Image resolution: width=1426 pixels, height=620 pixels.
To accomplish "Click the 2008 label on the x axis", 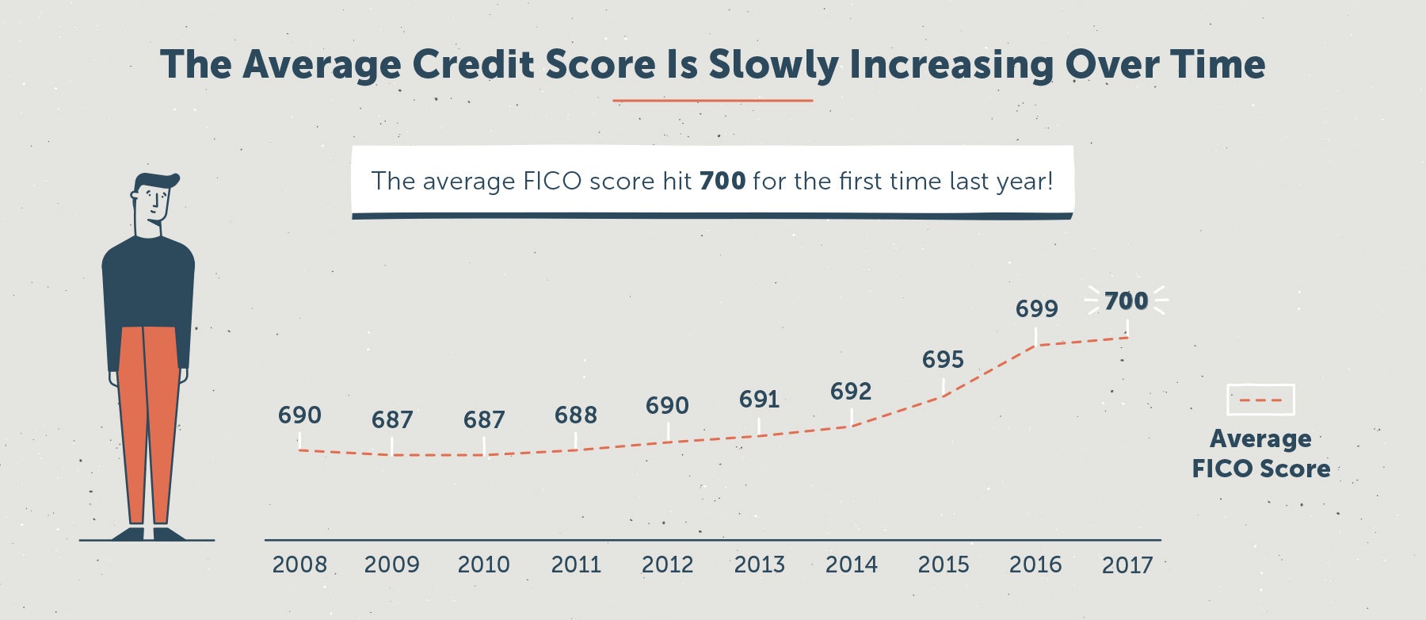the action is [x=299, y=565].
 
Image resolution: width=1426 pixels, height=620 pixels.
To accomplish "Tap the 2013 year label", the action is [x=759, y=565].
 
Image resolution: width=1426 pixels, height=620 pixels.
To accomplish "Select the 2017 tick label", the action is [x=1127, y=565].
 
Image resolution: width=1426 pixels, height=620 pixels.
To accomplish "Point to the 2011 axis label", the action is [x=576, y=565].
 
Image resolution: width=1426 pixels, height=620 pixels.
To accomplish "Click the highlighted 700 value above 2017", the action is [x=1126, y=301].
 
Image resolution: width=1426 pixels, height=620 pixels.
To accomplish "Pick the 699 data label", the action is [x=1036, y=308].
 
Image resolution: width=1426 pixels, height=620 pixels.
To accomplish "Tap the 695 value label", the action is [x=943, y=360].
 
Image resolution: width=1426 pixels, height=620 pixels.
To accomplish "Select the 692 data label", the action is [x=851, y=392].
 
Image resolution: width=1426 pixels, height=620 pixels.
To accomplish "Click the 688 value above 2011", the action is [x=576, y=415].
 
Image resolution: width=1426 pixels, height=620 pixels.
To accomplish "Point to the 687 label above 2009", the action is [x=392, y=419].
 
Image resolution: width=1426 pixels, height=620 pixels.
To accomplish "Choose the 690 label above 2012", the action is [x=667, y=406].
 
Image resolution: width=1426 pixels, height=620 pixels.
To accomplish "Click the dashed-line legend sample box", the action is [x=1260, y=400].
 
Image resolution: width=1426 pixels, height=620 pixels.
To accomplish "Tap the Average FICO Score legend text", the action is [x=1261, y=454].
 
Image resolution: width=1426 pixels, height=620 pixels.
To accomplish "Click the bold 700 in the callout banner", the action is [x=723, y=182].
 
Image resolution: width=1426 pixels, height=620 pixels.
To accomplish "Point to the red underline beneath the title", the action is [x=713, y=101].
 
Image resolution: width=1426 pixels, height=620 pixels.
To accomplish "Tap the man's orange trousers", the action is [x=148, y=425].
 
